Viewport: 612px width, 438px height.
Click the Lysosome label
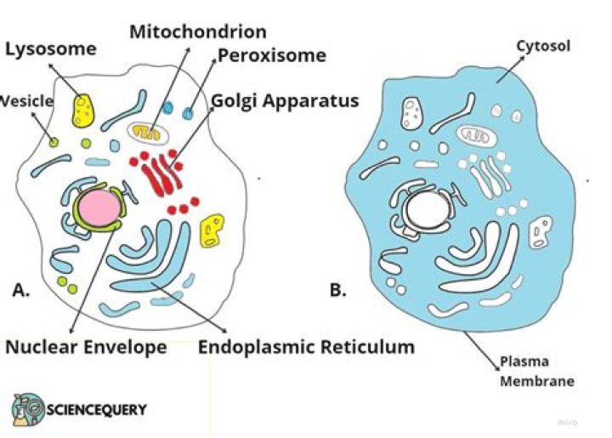pos(51,49)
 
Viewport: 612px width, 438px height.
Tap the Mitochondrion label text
pos(198,31)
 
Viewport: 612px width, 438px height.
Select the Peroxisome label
pos(272,55)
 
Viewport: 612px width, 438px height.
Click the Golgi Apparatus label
pos(285,100)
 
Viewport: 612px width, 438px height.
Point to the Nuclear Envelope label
pos(86,347)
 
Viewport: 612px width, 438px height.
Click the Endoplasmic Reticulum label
pos(306,347)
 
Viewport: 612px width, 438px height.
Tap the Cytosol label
pos(543,46)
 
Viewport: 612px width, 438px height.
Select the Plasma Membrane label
pos(537,372)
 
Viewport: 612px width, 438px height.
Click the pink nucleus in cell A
pos(99,208)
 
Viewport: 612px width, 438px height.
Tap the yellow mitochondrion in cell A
pos(146,133)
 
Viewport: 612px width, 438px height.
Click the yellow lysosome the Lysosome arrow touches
pos(83,111)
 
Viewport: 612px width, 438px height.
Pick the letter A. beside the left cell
pos(21,290)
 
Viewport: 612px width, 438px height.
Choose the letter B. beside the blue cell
pos(337,290)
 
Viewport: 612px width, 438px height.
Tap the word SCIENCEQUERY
pos(97,409)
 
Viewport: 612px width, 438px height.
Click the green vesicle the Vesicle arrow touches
pos(54,143)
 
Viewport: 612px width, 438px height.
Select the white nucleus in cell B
pos(428,209)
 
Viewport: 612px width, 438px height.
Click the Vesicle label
pos(26,101)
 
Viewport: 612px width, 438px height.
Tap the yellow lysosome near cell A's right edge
pos(212,230)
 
